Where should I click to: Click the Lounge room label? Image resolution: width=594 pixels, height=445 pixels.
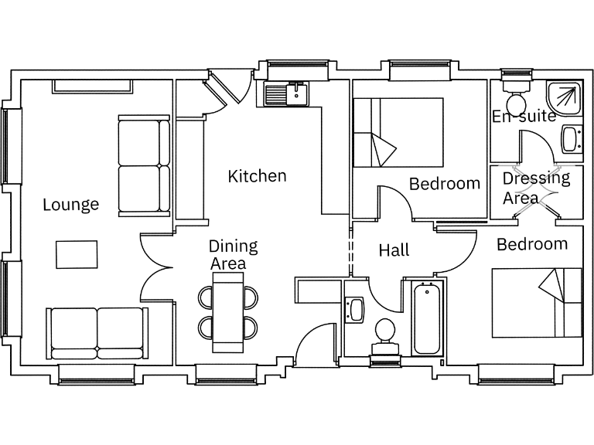tap(70, 205)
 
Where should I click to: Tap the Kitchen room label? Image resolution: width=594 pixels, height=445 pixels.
tap(257, 176)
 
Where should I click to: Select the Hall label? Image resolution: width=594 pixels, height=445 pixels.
tap(394, 250)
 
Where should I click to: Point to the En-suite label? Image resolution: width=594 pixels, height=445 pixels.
tap(524, 117)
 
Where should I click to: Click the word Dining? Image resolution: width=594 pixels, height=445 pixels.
tap(233, 246)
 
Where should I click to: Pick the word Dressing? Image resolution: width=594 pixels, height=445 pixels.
tap(536, 178)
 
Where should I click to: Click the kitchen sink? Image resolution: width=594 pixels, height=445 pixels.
tap(286, 95)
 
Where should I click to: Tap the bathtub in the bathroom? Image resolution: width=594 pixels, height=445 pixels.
tap(426, 318)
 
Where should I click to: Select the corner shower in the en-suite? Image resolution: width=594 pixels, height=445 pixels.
tap(564, 97)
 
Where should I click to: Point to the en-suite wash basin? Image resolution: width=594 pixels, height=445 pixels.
tap(570, 139)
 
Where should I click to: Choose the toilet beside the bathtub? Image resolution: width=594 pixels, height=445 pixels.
tap(384, 334)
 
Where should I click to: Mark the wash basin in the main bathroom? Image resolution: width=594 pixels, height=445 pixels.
tap(356, 310)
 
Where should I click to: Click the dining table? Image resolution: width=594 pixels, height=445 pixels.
tap(227, 311)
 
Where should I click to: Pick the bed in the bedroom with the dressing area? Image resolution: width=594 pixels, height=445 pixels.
tap(537, 302)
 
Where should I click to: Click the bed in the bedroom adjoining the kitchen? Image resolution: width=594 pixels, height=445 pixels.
tap(398, 132)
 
